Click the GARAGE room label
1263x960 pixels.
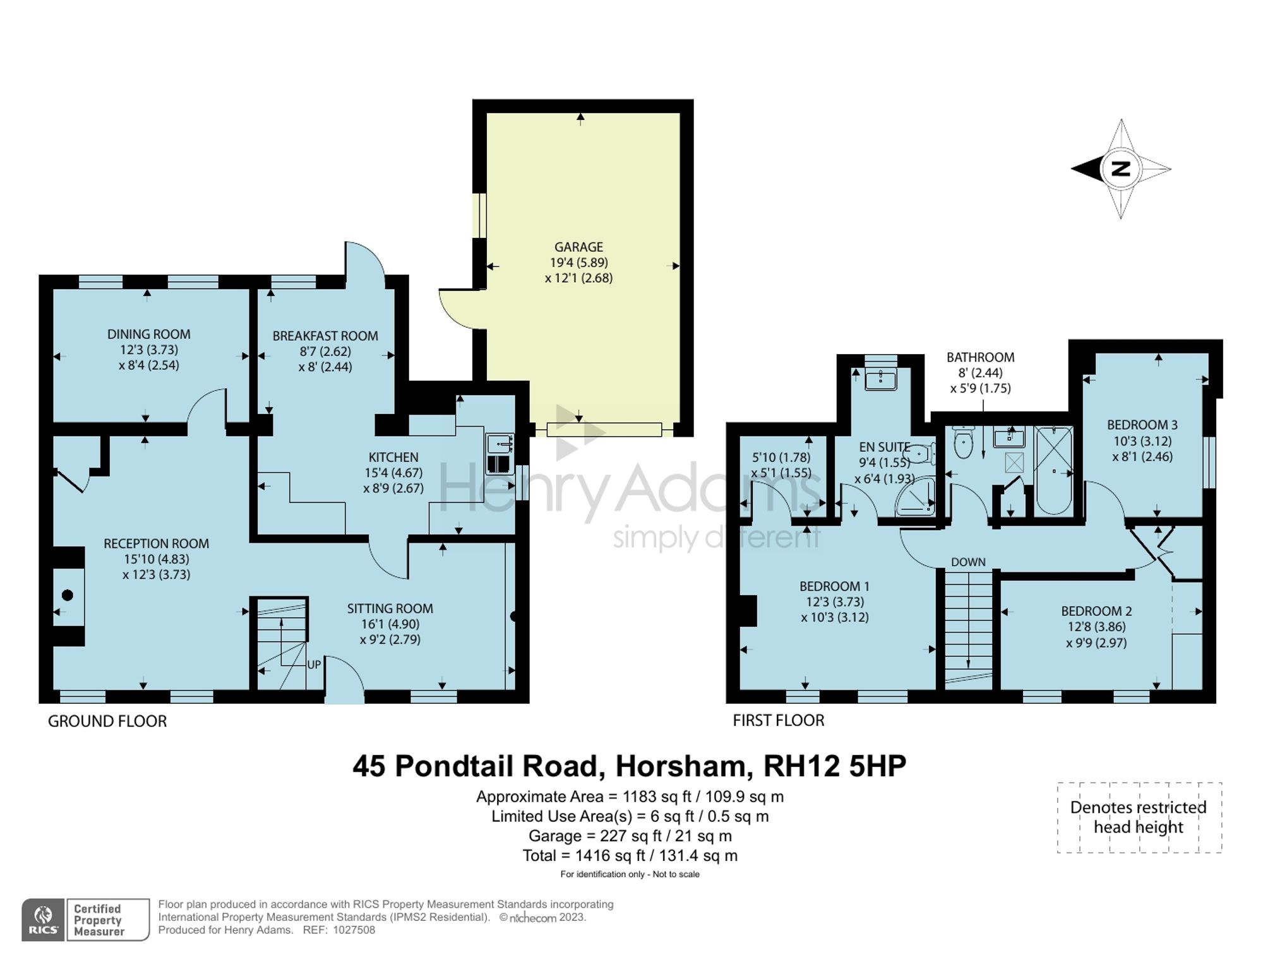click(578, 247)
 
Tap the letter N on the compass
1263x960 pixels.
click(1121, 169)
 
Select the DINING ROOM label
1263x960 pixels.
click(148, 335)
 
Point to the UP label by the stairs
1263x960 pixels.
click(314, 665)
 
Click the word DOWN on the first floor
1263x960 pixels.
click(968, 562)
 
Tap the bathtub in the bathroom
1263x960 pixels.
click(1053, 470)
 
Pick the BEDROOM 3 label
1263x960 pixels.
click(1142, 425)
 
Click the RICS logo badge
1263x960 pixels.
click(43, 920)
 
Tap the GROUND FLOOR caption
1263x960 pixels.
click(107, 721)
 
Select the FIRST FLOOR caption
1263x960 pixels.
click(778, 721)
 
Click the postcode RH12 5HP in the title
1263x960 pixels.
click(834, 766)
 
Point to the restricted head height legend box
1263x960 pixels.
click(1139, 817)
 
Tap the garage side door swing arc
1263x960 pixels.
click(456, 309)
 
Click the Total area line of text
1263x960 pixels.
click(630, 856)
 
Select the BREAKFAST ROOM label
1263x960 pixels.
click(325, 336)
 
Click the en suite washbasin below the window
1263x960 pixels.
click(880, 380)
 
